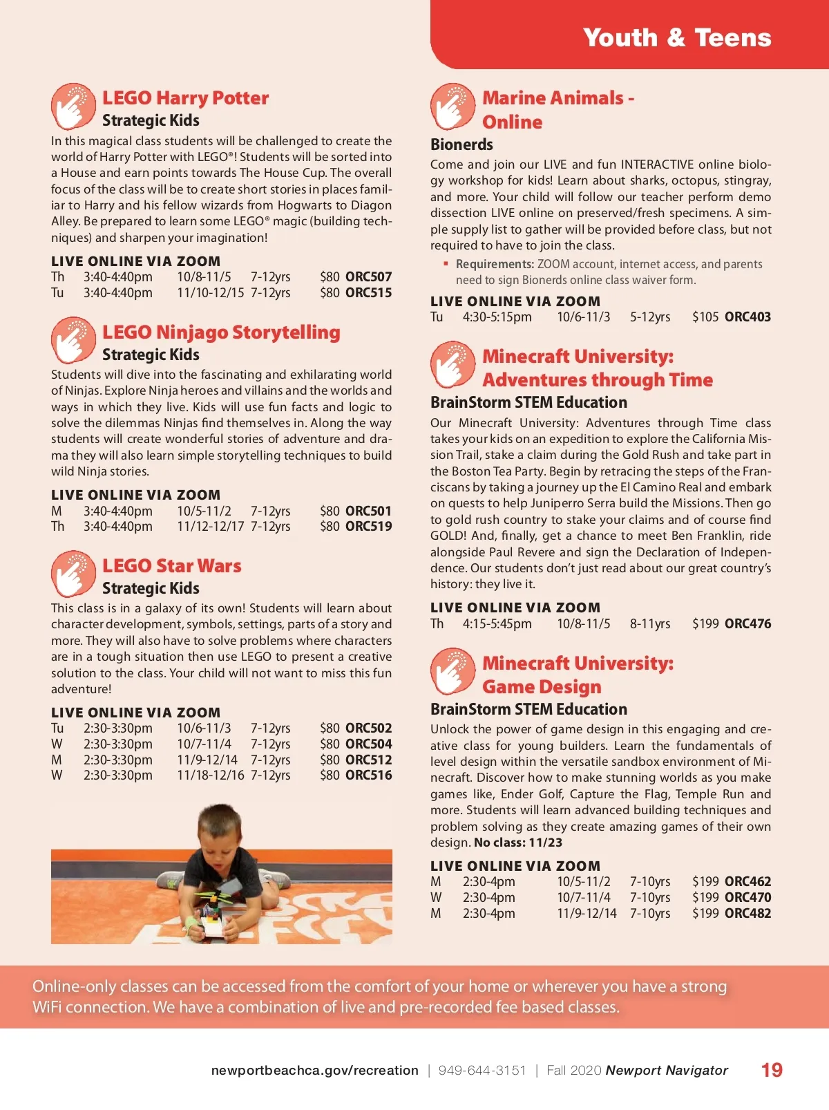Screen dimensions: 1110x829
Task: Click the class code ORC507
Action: [368, 277]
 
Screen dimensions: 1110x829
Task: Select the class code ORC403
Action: [747, 317]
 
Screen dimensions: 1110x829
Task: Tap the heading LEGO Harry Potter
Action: [185, 98]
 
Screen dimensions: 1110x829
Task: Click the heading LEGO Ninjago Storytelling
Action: [221, 332]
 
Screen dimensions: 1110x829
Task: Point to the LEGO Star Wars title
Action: [171, 566]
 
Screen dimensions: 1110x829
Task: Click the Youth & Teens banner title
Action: [676, 37]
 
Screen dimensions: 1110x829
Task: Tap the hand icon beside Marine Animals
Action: [452, 106]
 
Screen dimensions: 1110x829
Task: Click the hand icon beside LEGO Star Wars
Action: [73, 574]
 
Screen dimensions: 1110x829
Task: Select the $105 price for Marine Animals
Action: [705, 317]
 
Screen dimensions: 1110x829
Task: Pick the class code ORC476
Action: [747, 623]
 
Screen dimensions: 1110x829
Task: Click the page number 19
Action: [772, 1071]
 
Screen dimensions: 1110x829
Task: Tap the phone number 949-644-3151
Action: [482, 1071]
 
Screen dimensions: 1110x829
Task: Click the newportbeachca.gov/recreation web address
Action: [314, 1071]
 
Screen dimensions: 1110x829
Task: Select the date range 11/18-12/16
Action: [210, 775]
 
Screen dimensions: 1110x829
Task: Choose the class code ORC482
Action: [747, 913]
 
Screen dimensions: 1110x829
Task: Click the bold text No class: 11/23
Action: [517, 843]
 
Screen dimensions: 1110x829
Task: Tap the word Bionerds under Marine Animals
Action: [461, 144]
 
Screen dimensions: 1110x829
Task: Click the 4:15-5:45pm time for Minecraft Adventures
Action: [497, 623]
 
